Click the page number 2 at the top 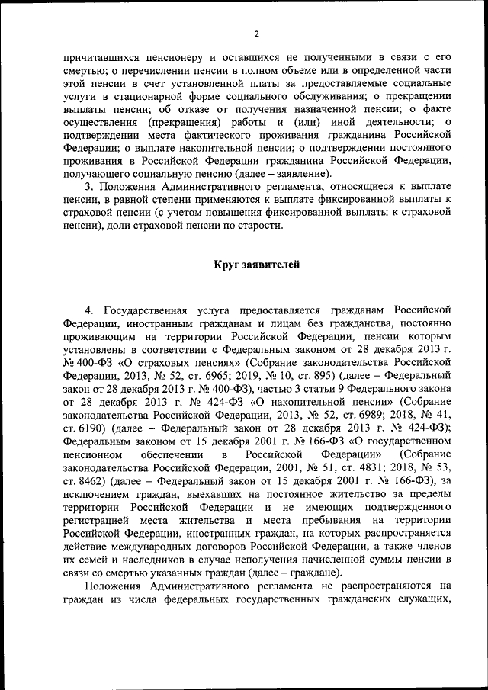click(257, 34)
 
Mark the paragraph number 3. click(88, 186)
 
